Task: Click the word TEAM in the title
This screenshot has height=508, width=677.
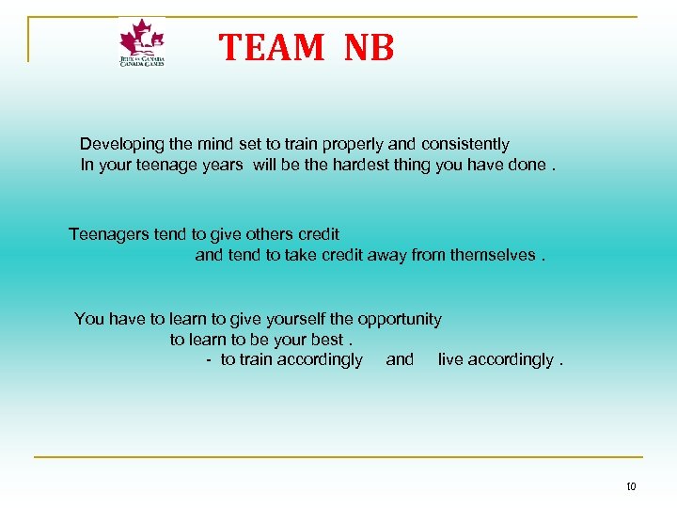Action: [273, 47]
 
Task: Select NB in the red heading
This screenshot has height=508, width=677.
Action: [369, 47]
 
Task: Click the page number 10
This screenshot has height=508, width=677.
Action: [630, 486]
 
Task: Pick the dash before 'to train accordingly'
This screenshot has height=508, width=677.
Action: [209, 360]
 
